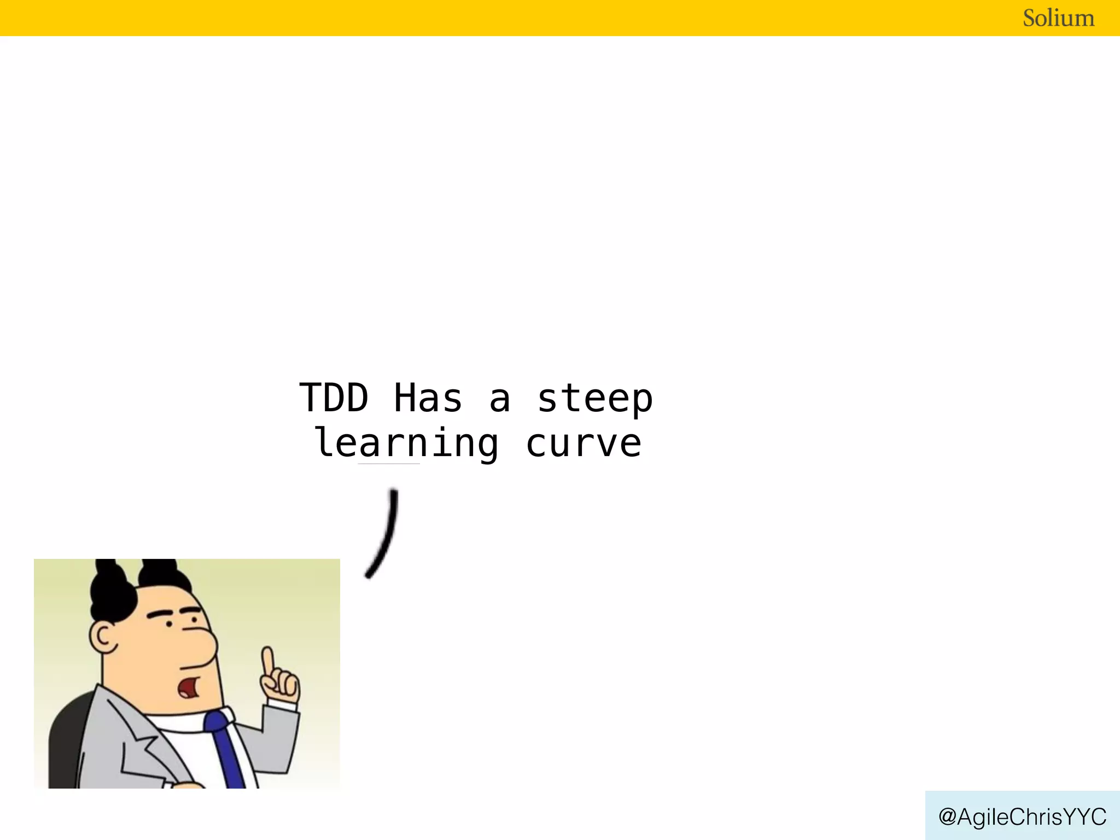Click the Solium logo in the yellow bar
pos(1058,18)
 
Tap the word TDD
pos(334,398)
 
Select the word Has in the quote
pos(428,398)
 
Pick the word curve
pos(584,444)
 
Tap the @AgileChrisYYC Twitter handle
pos(1022,816)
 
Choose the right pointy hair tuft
pos(161,574)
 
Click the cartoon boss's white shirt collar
pos(180,722)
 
